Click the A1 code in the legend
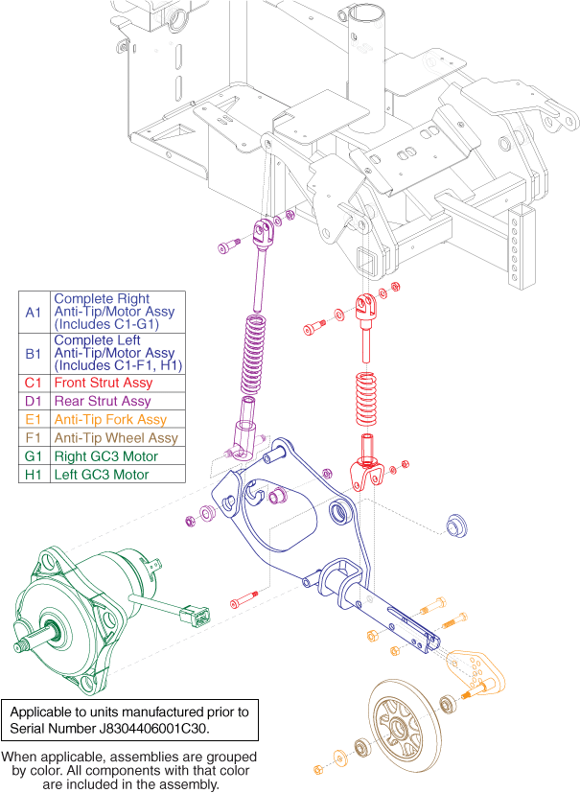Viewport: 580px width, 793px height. tap(34, 312)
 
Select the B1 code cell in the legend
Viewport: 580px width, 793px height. tap(34, 353)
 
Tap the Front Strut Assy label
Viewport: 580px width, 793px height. tap(103, 384)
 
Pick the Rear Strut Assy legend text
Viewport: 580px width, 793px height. tap(102, 402)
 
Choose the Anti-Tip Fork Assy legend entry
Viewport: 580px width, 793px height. tap(109, 420)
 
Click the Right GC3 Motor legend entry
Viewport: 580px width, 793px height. tap(105, 456)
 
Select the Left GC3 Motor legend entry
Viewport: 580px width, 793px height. tap(101, 475)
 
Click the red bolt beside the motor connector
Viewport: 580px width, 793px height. tap(245, 603)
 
